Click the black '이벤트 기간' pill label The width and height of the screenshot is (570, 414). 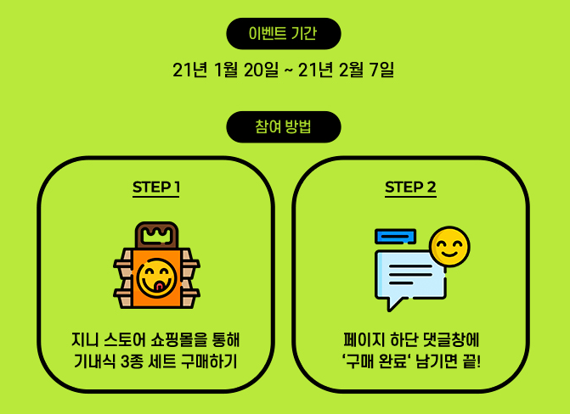[283, 34]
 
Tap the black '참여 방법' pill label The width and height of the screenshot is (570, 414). [283, 127]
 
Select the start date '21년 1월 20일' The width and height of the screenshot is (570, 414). [224, 70]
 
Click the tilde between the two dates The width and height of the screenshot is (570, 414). [287, 70]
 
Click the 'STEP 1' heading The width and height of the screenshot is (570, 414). [155, 187]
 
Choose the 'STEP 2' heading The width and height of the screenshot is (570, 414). [410, 187]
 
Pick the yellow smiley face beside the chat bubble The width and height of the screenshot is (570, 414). [449, 246]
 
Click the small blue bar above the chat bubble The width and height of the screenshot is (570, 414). [395, 236]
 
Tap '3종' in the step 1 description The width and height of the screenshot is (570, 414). [132, 363]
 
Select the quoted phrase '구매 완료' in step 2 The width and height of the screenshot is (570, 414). [381, 363]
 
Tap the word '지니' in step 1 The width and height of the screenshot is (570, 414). [85, 341]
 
